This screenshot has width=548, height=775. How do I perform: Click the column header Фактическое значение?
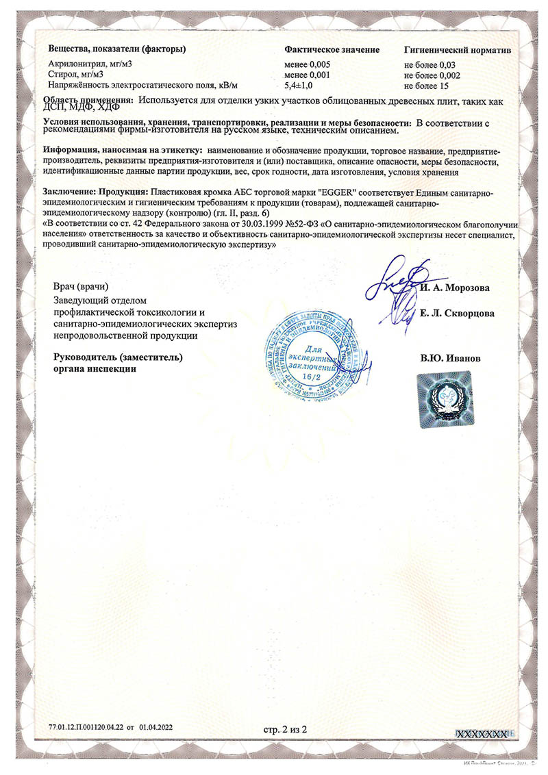point(332,50)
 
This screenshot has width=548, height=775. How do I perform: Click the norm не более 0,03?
point(429,64)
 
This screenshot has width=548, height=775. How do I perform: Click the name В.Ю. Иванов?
point(446,358)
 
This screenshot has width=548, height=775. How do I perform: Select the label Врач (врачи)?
point(81,285)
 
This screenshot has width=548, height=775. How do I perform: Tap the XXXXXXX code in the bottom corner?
point(484,733)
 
